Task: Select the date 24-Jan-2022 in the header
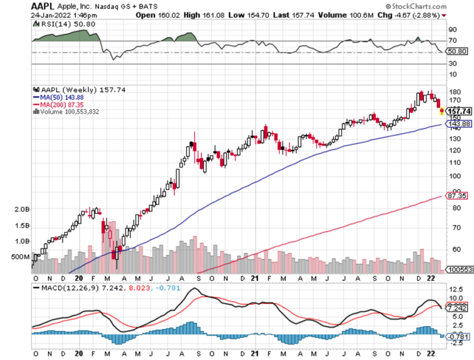52,15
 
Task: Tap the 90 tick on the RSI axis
452,29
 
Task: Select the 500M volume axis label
20,256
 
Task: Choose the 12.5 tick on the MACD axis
455,290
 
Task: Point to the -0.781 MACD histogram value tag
459,336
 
